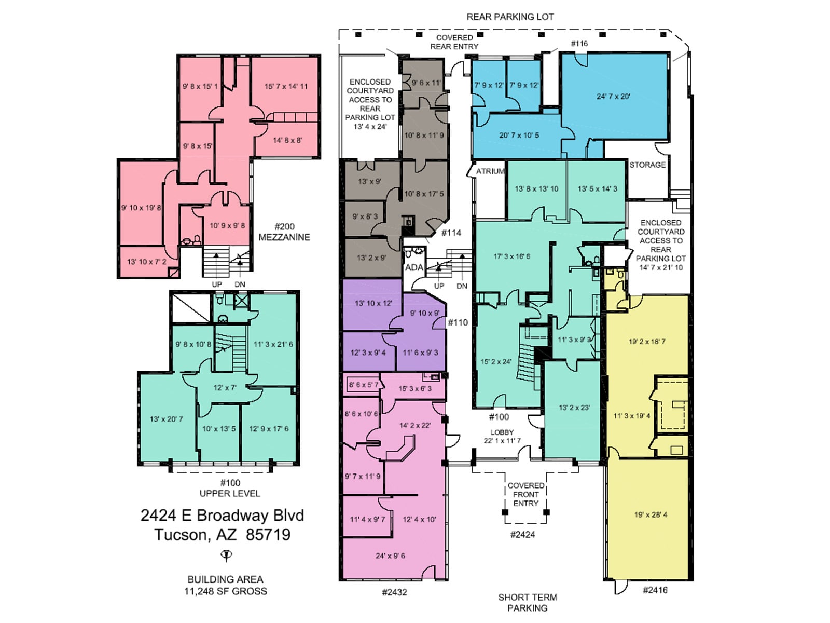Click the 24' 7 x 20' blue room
(x=613, y=97)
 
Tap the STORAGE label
(x=647, y=165)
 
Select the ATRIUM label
(x=490, y=171)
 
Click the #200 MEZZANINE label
(x=284, y=232)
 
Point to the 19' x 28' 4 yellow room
(x=651, y=515)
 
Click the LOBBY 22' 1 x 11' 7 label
(x=502, y=437)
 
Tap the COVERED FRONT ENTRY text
(x=525, y=494)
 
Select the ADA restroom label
(x=414, y=268)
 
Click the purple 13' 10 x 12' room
(x=374, y=303)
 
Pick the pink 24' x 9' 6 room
(x=391, y=556)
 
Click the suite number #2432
(x=394, y=592)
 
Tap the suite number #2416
(x=655, y=590)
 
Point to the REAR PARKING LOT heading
(x=510, y=17)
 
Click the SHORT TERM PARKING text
(x=528, y=603)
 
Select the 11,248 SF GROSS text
(x=226, y=591)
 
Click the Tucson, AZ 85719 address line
(x=223, y=535)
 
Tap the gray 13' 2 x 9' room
(x=371, y=258)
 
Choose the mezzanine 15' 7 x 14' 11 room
(x=286, y=87)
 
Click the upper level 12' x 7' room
(x=225, y=388)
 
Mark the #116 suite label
(x=579, y=44)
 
